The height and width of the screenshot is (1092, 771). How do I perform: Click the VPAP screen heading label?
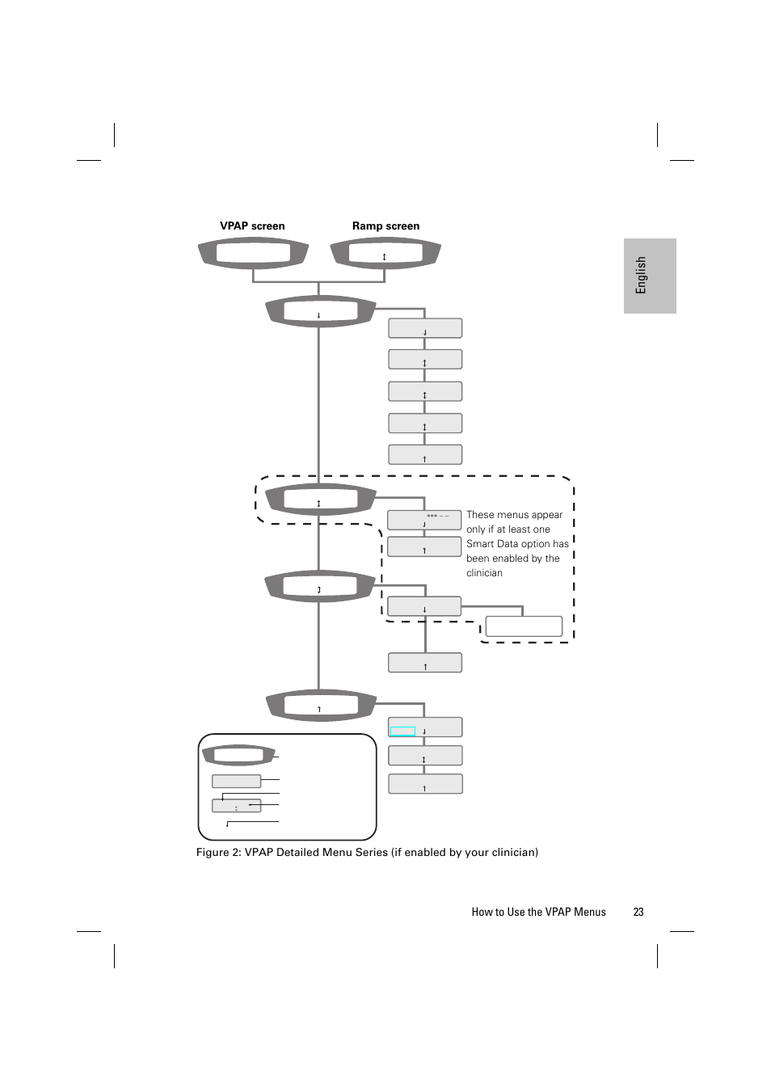pos(252,226)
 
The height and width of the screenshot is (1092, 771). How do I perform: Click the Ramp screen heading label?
pos(385,226)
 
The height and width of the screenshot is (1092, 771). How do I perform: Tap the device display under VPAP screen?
pos(253,253)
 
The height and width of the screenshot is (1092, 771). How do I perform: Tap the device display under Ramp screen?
pos(385,253)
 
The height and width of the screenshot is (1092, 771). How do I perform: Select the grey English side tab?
pos(650,276)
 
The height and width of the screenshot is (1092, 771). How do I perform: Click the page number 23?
pos(638,912)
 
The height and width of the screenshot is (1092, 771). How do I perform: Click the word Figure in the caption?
pos(213,853)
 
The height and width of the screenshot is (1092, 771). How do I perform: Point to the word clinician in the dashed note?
pos(484,573)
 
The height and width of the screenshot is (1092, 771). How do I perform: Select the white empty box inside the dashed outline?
pos(524,626)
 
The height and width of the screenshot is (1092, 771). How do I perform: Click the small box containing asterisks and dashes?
pos(424,520)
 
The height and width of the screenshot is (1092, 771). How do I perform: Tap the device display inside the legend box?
pos(238,756)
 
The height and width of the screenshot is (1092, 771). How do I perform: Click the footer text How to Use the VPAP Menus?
pos(538,912)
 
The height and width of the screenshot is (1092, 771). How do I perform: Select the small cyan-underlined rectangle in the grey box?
pos(402,732)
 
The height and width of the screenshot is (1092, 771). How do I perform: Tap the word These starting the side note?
pos(480,515)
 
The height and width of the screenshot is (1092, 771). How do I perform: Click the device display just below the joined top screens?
pos(320,310)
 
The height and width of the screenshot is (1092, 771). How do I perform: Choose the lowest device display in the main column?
pos(321,705)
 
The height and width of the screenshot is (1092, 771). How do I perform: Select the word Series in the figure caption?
pos(372,853)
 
